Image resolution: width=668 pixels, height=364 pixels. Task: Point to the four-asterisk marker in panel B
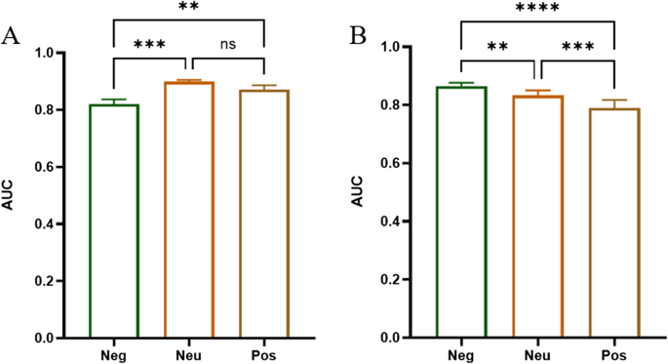click(538, 9)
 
